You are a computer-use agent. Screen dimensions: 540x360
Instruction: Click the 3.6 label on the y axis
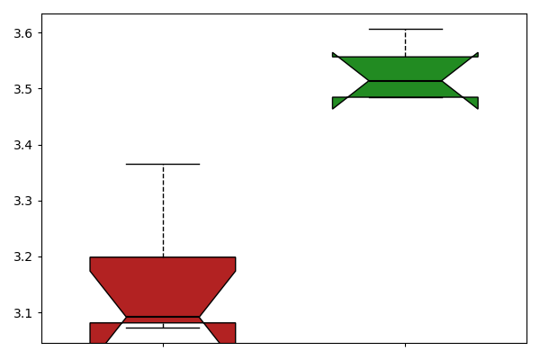(22, 33)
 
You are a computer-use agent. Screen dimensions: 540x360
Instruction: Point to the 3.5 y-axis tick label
(22, 89)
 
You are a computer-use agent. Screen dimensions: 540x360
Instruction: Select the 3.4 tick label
(22, 146)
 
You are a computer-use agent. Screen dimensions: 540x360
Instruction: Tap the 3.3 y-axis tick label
(22, 202)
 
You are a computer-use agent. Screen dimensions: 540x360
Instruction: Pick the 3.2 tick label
(22, 257)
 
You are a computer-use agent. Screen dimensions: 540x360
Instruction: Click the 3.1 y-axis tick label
(22, 313)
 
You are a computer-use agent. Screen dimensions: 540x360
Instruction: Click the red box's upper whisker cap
(163, 165)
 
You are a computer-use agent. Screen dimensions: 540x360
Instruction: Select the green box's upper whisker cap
(406, 30)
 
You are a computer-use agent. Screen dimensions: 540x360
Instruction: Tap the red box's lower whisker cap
(163, 328)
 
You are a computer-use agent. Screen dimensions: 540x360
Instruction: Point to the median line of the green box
(405, 81)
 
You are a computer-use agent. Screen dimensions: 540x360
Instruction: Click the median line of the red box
(163, 317)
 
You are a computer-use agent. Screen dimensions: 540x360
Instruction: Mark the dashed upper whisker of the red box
(163, 211)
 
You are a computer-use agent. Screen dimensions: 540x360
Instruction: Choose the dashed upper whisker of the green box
(405, 43)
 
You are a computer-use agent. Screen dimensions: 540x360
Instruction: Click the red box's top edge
(163, 257)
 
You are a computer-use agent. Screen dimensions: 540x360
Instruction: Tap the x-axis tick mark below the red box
(163, 345)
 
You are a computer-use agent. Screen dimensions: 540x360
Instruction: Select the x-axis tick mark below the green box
(405, 345)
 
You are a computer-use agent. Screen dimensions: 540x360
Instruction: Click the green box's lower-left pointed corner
(332, 109)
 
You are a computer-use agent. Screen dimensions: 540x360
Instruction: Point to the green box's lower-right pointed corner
(478, 109)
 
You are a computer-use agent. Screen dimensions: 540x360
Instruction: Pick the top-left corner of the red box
(90, 257)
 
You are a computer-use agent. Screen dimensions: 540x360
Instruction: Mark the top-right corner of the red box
(236, 257)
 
